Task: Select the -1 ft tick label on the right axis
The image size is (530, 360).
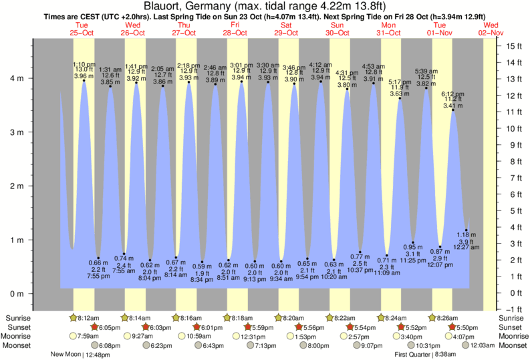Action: coord(513,309)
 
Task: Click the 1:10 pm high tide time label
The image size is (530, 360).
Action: coord(84,64)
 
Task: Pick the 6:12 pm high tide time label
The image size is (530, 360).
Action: coord(452,94)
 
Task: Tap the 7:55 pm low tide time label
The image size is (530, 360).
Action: coord(98,276)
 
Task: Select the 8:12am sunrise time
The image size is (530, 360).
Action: coord(89,319)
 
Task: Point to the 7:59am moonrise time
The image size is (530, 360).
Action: coord(89,336)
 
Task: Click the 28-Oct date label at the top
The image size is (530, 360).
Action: coord(235,32)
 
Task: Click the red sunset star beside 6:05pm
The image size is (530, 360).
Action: coord(94,327)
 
